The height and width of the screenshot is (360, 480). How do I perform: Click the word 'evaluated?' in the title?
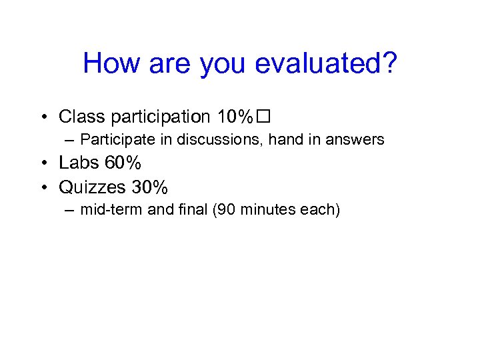pyautogui.click(x=326, y=64)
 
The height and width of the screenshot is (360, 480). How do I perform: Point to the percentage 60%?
pyautogui.click(x=123, y=163)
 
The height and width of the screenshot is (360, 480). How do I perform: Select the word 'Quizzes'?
pyautogui.click(x=92, y=186)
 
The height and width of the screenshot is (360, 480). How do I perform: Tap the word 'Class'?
pyautogui.click(x=82, y=117)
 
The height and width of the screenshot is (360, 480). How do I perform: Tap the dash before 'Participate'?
pyautogui.click(x=69, y=140)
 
